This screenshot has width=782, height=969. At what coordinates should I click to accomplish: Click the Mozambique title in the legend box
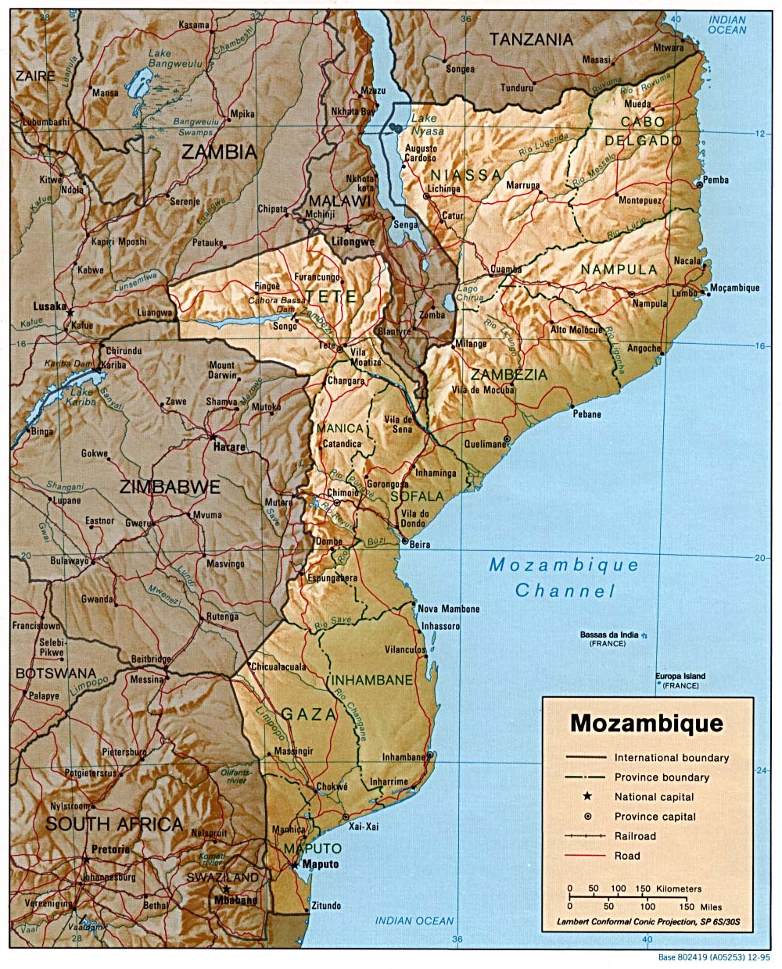(x=646, y=722)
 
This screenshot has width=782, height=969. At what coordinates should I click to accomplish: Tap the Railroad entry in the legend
(x=635, y=836)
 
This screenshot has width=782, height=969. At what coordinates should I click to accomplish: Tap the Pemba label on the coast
(x=716, y=180)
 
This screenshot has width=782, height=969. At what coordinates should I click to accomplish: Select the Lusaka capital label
(x=49, y=307)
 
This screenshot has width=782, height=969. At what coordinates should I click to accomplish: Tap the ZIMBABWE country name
(x=170, y=487)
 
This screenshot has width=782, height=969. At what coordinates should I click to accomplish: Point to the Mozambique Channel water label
(x=564, y=577)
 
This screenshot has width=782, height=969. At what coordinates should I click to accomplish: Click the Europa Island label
(x=680, y=676)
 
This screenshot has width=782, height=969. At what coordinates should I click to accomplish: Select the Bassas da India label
(x=609, y=634)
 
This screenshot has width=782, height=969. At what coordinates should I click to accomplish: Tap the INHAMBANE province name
(x=370, y=681)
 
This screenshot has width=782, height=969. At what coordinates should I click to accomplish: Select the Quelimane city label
(x=485, y=444)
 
